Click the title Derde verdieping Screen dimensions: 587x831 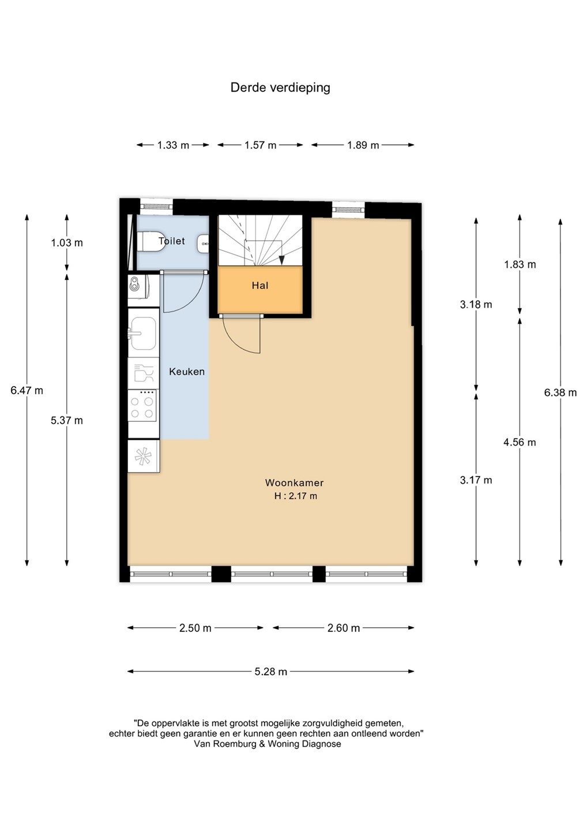(280, 88)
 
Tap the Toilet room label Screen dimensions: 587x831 (172, 241)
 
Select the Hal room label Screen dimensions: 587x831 (260, 286)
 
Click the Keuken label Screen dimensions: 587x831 (187, 372)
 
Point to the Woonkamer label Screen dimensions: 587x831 (294, 482)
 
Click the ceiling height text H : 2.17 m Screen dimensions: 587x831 (295, 496)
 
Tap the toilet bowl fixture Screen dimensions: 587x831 (150, 242)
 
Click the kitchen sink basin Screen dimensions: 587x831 (144, 333)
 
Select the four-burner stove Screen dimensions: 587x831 (142, 405)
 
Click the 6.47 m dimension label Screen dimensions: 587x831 (27, 390)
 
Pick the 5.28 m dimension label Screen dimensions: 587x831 (271, 672)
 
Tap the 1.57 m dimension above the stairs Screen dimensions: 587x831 (260, 145)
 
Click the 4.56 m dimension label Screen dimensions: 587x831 (520, 442)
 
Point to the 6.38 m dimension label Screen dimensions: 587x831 (560, 392)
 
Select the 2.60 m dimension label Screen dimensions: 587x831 (344, 628)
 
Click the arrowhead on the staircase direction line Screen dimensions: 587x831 (281, 260)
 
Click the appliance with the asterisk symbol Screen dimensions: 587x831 (144, 456)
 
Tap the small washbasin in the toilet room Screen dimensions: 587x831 (204, 244)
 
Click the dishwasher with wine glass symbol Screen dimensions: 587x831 (144, 373)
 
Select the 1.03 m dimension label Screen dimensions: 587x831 (67, 243)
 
